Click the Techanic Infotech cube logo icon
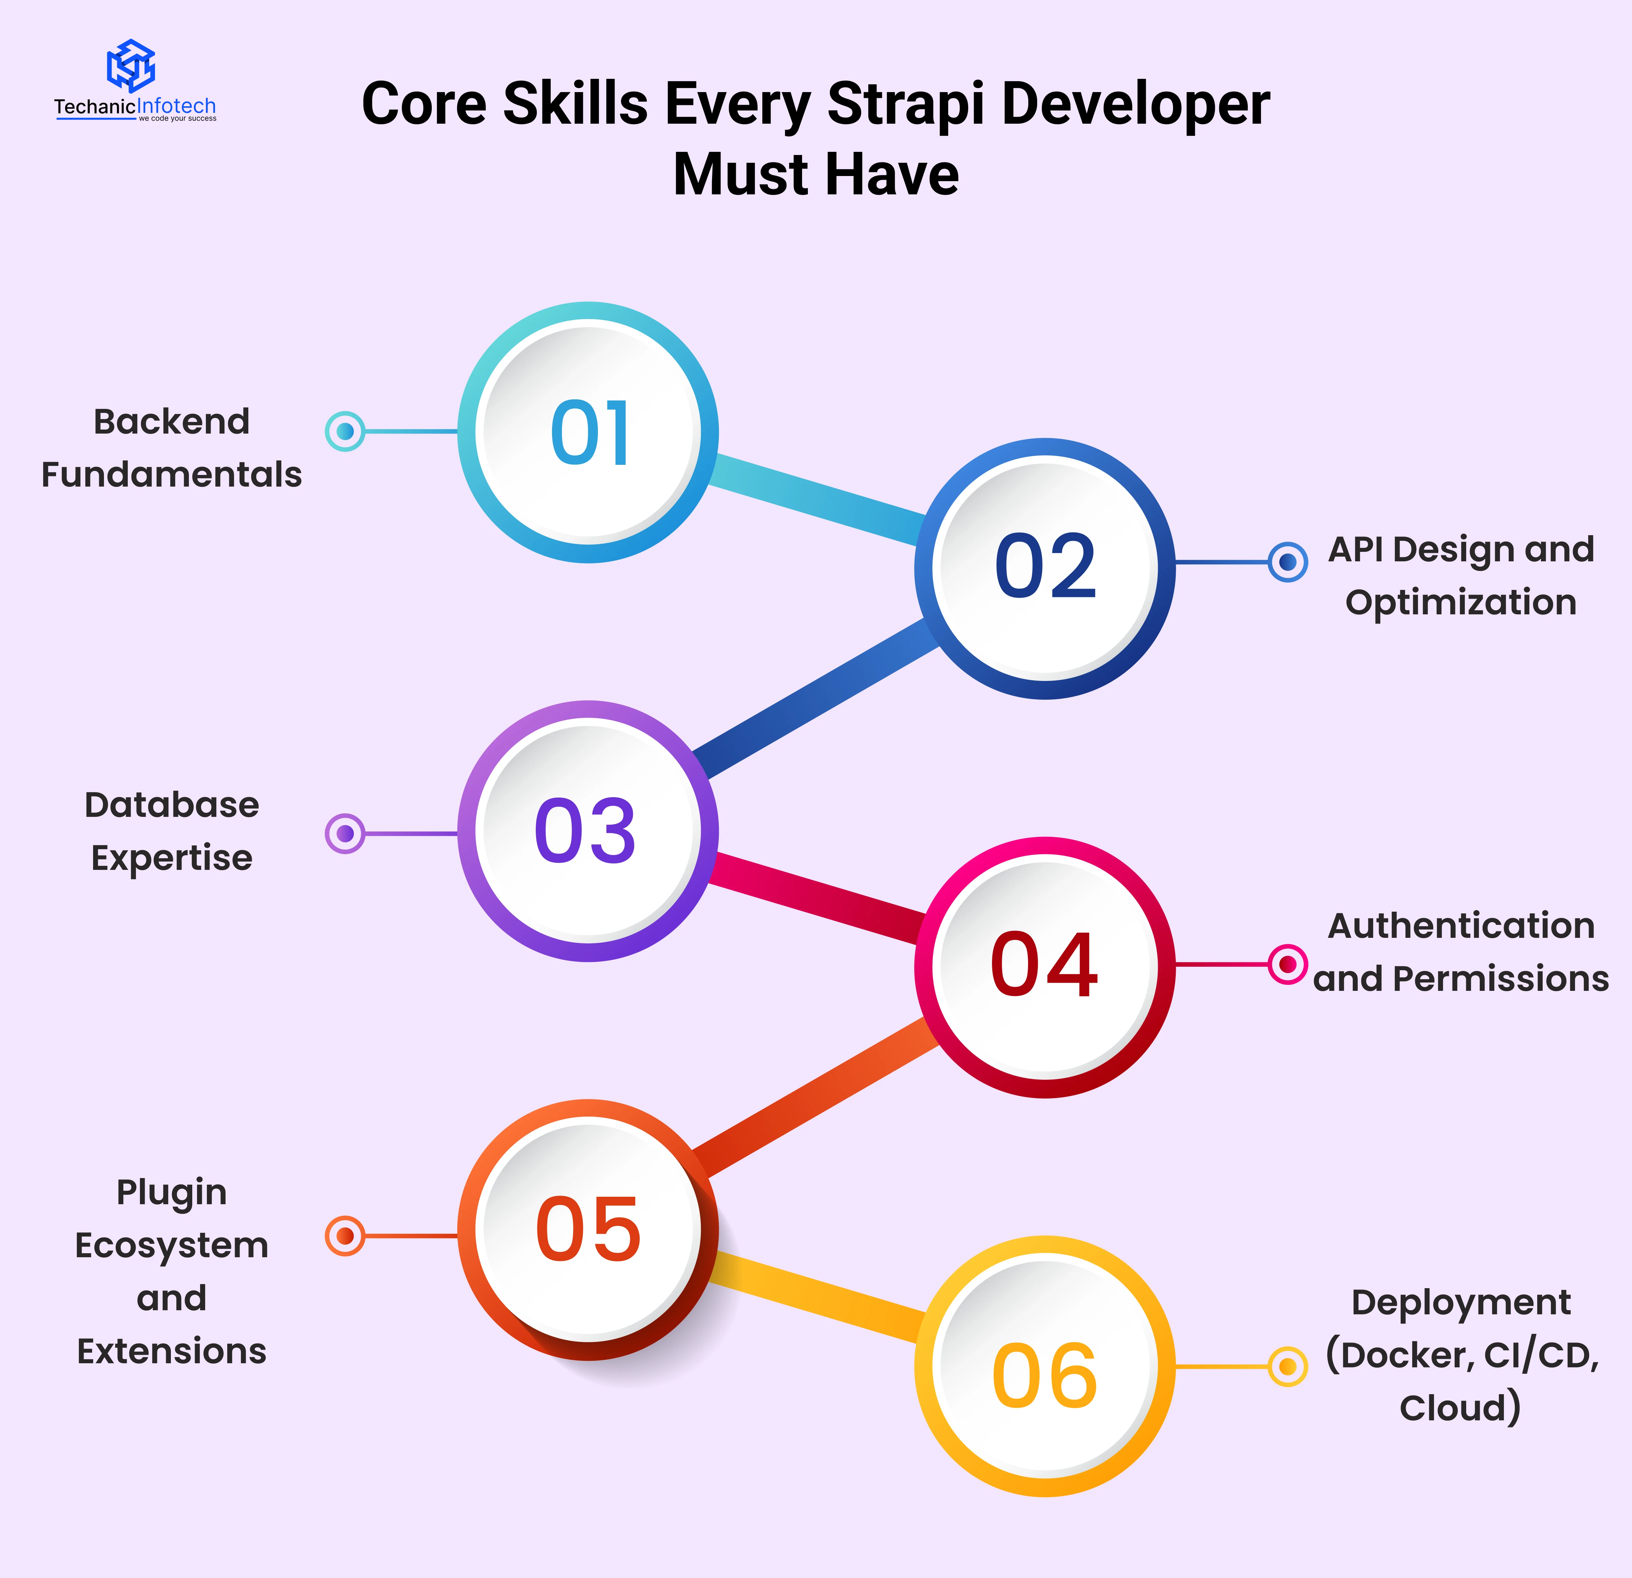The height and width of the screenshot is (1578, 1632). pyautogui.click(x=131, y=65)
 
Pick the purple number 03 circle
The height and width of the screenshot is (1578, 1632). pyautogui.click(x=589, y=831)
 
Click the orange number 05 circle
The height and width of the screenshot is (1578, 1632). pyautogui.click(x=589, y=1230)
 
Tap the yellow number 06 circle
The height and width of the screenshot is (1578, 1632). pyautogui.click(x=1045, y=1367)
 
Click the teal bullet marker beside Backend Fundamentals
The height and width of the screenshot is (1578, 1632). pyautogui.click(x=345, y=431)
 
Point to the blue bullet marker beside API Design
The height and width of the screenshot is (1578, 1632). pyautogui.click(x=1287, y=562)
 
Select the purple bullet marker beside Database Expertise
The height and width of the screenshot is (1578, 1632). pyautogui.click(x=345, y=834)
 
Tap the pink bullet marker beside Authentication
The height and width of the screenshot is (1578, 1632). pyautogui.click(x=1287, y=964)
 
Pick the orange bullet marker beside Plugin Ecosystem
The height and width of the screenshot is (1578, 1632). pyautogui.click(x=345, y=1236)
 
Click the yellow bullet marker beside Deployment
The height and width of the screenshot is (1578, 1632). pyautogui.click(x=1287, y=1367)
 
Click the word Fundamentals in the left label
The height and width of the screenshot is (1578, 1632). pyautogui.click(x=172, y=475)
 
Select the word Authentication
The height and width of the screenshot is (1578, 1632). pyautogui.click(x=1461, y=926)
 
